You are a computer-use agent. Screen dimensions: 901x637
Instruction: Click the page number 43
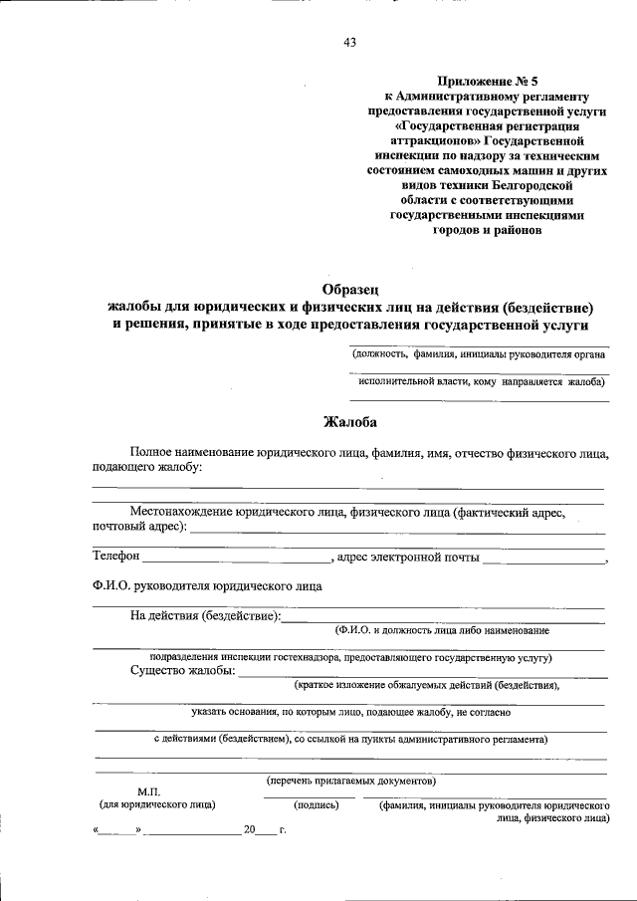(349, 42)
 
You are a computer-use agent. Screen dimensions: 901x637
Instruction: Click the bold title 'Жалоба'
(348, 421)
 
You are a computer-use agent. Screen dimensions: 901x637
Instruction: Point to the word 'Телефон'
(115, 557)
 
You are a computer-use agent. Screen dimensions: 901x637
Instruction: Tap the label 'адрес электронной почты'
(408, 557)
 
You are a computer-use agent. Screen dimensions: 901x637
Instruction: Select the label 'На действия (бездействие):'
(205, 616)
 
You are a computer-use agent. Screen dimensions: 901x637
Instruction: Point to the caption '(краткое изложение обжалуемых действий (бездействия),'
(426, 685)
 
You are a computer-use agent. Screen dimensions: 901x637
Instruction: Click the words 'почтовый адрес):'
(138, 526)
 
